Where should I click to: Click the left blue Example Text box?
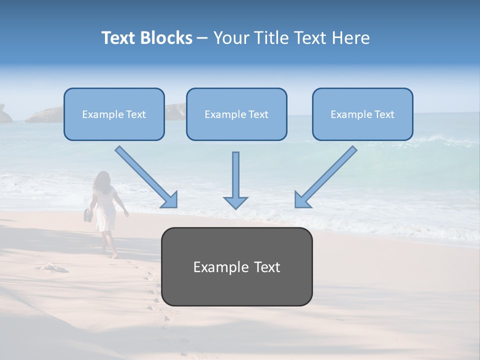pyautogui.click(x=114, y=114)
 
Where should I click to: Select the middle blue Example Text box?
pyautogui.click(x=236, y=114)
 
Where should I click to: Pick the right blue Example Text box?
pyautogui.click(x=362, y=114)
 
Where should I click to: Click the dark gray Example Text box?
pyautogui.click(x=236, y=266)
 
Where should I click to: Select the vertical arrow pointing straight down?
pyautogui.click(x=235, y=180)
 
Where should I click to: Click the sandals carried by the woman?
pyautogui.click(x=88, y=215)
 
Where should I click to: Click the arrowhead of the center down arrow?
pyautogui.click(x=235, y=202)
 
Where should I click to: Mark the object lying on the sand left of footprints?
pyautogui.click(x=52, y=267)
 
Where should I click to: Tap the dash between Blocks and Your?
pyautogui.click(x=202, y=38)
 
